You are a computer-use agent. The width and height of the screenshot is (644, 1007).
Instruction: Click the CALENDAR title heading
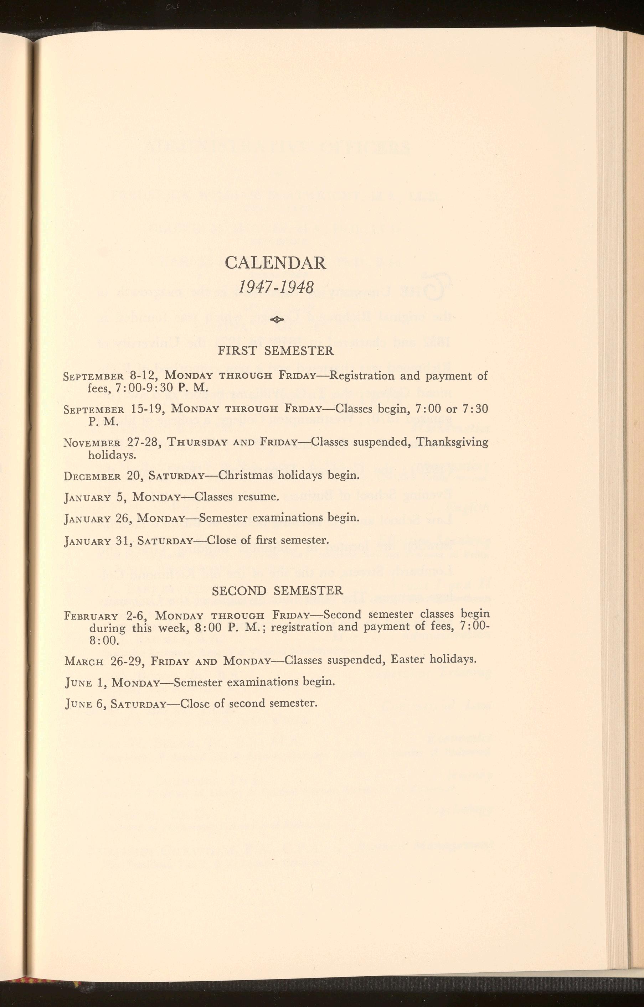click(275, 263)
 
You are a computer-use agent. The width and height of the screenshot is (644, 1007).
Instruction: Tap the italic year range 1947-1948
click(276, 287)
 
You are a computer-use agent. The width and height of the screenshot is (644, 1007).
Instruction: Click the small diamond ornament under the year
click(277, 320)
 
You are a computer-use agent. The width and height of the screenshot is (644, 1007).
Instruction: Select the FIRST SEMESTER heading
click(276, 351)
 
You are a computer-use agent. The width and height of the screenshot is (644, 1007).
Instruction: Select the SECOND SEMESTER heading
click(277, 591)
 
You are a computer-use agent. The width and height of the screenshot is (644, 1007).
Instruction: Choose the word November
click(92, 443)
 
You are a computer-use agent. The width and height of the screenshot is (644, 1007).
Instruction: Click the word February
click(92, 616)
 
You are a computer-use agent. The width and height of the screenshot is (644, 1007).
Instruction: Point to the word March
click(84, 661)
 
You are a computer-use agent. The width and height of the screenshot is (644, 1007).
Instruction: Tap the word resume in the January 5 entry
click(258, 497)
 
